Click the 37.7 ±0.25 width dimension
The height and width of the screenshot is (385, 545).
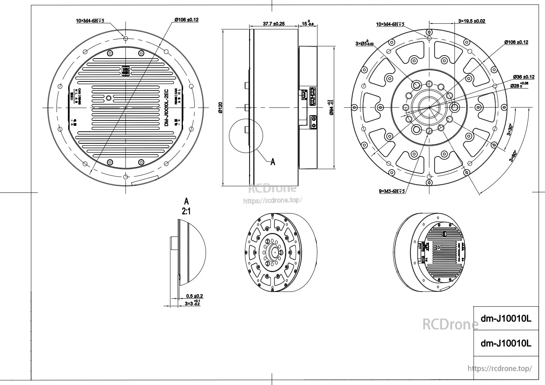[x=273, y=24]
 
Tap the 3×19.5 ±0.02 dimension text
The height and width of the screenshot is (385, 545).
[x=472, y=21]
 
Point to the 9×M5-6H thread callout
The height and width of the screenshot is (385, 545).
[x=392, y=191]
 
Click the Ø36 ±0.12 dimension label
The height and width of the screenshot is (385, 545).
[x=523, y=77]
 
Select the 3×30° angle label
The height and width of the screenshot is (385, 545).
[x=510, y=130]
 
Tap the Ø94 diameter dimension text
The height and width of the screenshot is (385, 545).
[x=331, y=108]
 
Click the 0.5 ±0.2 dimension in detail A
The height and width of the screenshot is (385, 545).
[x=194, y=296]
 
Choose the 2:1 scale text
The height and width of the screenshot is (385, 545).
[x=186, y=212]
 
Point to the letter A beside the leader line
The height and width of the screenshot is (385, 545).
[x=273, y=162]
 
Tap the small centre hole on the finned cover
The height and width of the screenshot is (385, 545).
[x=109, y=98]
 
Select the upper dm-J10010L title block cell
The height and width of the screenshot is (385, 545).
[x=506, y=319]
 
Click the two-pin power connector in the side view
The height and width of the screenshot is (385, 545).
[x=312, y=121]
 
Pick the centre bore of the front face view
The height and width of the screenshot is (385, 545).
[x=429, y=107]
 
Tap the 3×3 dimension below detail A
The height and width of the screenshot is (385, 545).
[x=193, y=303]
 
